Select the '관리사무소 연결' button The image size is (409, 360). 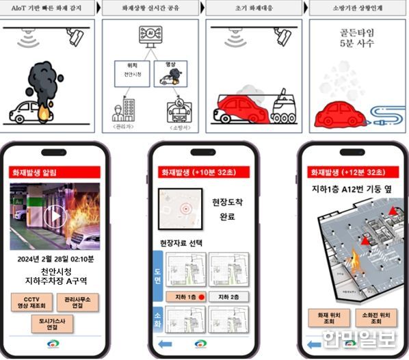(80, 302)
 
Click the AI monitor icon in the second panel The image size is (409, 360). (150, 35)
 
